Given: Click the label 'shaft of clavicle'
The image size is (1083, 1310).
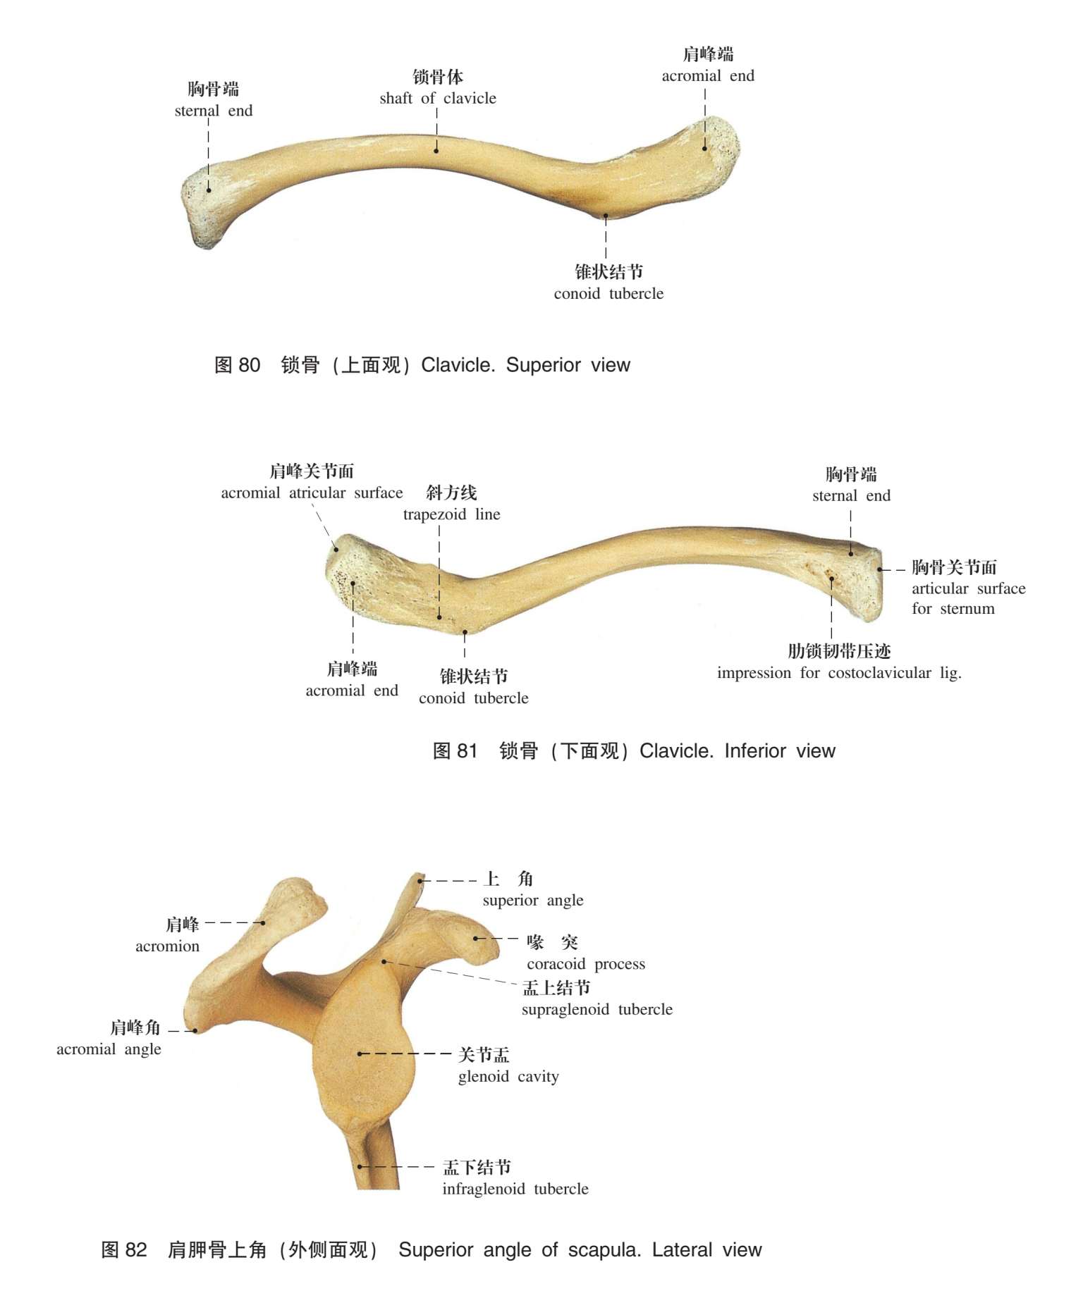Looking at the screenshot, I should pos(437,99).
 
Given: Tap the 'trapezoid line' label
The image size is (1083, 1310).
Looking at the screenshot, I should pos(451,514).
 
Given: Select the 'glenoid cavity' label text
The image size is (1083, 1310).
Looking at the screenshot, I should pos(508,1077).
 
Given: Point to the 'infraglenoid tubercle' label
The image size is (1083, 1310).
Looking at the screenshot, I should pos(515,1189).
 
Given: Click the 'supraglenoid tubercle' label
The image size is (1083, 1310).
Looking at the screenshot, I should pos(596,1010).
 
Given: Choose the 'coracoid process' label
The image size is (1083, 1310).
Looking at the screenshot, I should pos(585,964).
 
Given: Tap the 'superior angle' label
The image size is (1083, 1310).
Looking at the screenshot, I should pos(533,901).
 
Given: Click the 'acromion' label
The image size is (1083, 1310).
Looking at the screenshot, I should pos(167,946).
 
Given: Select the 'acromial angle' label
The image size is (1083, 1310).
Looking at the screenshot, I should pos(109,1049).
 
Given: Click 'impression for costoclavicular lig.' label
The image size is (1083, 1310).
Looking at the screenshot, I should pos(839,673).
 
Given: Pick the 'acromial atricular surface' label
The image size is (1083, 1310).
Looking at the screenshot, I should pos(312,493).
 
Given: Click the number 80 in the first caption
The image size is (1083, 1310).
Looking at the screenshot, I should pos(250,365).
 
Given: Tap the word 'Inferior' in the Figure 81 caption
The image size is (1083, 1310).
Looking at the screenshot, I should pos(755,751).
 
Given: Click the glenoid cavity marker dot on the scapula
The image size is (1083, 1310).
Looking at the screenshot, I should pos(360,1054).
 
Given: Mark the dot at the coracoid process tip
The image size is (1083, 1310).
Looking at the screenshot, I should pos(475,939).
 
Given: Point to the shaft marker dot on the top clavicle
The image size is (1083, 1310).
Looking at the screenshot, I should pos(436,151).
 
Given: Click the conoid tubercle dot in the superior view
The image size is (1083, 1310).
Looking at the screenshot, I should pos(605,216).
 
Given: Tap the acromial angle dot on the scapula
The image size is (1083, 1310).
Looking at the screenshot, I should pos(195,1031).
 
